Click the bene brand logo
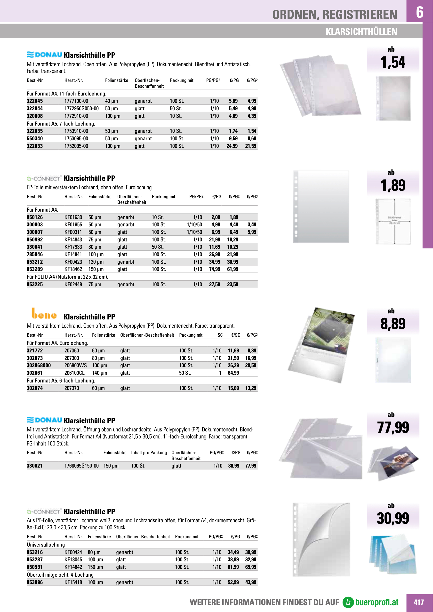point(44,314)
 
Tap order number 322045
point(35,101)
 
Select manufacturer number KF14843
point(73,240)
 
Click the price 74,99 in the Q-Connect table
point(214,269)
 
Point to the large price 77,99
point(393,428)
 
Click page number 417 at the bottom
point(419,602)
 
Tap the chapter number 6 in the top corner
point(419,12)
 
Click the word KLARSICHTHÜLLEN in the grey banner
point(361,32)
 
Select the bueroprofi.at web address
point(377,602)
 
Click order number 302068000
point(39,366)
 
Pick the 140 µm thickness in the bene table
point(99,373)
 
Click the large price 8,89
point(393,324)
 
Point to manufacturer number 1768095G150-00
point(81,466)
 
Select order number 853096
point(35,582)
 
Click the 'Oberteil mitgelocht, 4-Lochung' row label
point(60,575)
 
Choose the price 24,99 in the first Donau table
point(232,146)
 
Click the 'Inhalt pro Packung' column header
point(149,453)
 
